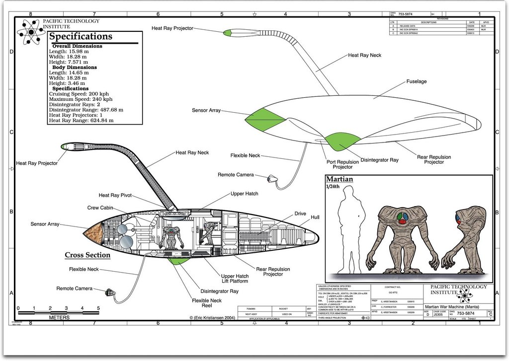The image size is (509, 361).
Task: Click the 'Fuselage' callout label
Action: pyautogui.click(x=417, y=81)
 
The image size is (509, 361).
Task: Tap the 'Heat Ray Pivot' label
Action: pyautogui.click(x=115, y=196)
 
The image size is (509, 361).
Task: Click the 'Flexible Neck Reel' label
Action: pyautogui.click(x=207, y=303)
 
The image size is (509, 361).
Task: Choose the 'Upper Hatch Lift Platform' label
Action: pyautogui.click(x=235, y=278)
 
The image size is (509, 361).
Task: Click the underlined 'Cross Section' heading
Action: pyautogui.click(x=87, y=255)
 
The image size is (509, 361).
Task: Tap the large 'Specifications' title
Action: pyautogui.click(x=81, y=37)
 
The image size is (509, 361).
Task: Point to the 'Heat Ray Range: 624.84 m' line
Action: pyautogui.click(x=81, y=120)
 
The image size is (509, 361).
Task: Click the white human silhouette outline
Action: pyautogui.click(x=351, y=228)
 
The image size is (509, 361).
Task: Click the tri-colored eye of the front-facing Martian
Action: pyautogui.click(x=402, y=217)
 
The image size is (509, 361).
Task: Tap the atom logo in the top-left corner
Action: pyautogui.click(x=31, y=31)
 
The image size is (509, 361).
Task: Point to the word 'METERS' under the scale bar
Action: pyautogui.click(x=59, y=317)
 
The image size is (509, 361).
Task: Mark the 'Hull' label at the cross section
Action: pyautogui.click(x=315, y=217)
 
